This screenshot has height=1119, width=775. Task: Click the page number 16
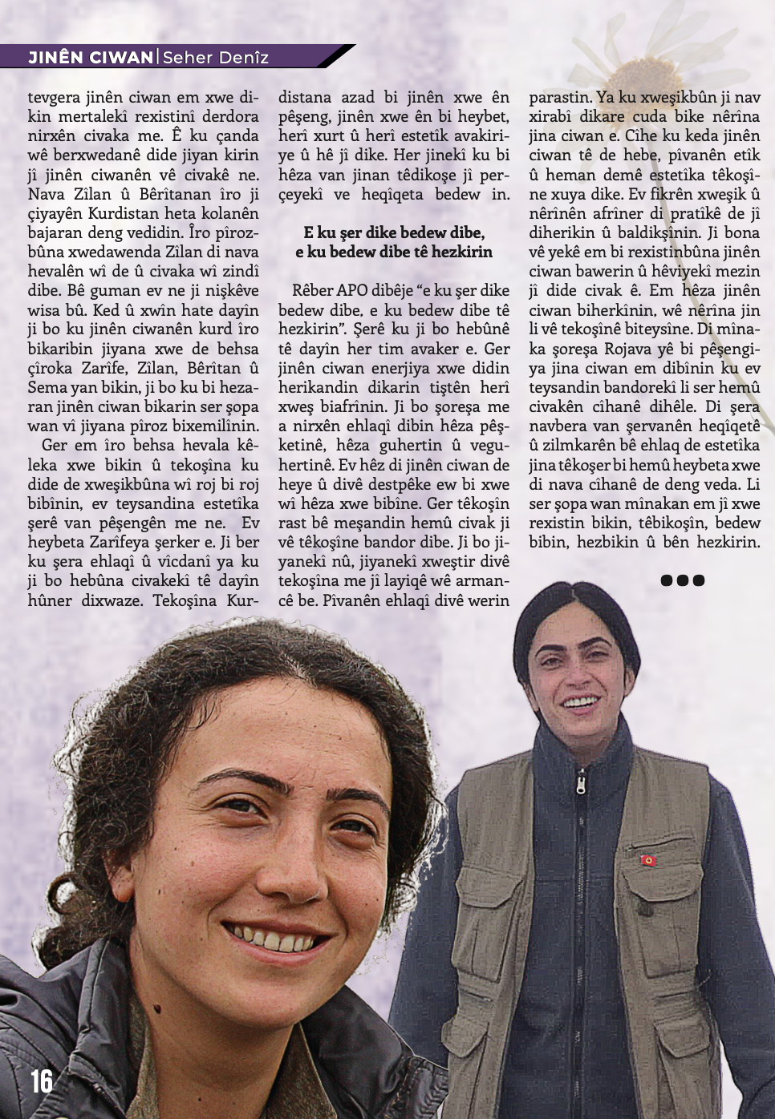(42, 1081)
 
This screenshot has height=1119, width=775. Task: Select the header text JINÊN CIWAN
(91, 57)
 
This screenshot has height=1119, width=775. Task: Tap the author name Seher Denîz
(215, 57)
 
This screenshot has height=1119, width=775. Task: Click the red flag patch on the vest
(648, 860)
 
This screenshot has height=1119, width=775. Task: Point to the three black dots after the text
(682, 580)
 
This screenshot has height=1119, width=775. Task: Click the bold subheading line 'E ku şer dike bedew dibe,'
(394, 232)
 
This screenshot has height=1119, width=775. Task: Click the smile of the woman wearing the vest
(581, 703)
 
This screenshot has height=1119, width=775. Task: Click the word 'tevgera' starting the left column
(54, 97)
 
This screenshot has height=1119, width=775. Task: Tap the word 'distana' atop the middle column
(305, 97)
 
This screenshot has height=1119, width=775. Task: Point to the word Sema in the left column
(49, 387)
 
